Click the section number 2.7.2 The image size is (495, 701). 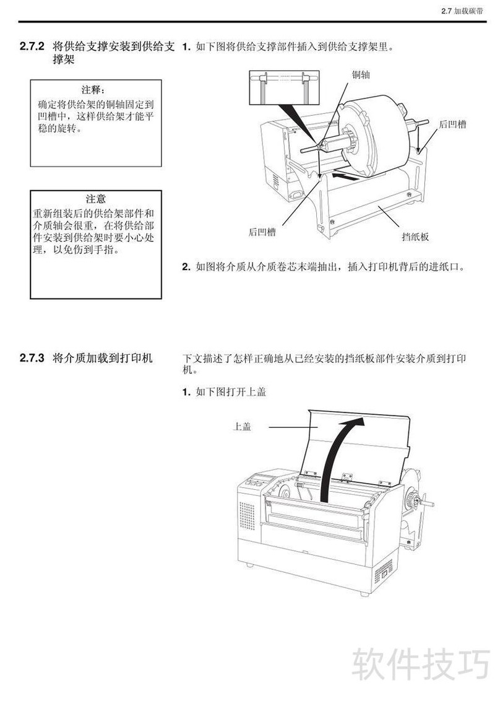33,46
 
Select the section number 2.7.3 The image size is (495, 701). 33,358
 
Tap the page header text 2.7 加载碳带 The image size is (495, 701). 462,11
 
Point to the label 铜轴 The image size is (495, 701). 361,75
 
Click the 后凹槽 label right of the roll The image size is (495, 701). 452,124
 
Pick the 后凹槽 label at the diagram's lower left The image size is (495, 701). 262,232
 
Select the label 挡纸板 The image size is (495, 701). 415,237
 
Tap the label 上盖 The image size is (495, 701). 242,427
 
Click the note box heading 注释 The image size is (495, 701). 95,90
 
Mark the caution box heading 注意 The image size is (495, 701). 96,199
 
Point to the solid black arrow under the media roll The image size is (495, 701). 345,176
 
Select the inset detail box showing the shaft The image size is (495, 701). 284,87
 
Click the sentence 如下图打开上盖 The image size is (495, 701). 231,392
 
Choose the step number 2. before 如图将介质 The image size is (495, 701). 187,268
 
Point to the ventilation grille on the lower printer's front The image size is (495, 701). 247,515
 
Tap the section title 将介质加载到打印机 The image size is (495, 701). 103,358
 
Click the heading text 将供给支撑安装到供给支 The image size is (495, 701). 113,46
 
